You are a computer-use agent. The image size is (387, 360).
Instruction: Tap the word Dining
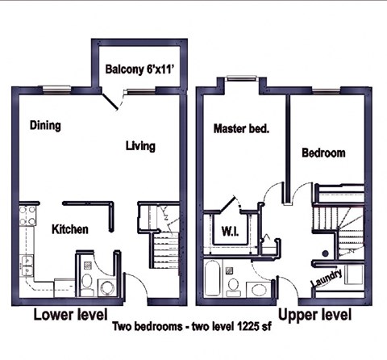pyautogui.click(x=46, y=125)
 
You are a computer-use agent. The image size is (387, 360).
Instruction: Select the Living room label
pyautogui.click(x=140, y=146)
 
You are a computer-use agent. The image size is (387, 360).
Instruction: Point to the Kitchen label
pyautogui.click(x=70, y=229)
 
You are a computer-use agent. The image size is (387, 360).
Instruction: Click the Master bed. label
pyautogui.click(x=240, y=128)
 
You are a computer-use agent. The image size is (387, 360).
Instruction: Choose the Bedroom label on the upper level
pyautogui.click(x=323, y=152)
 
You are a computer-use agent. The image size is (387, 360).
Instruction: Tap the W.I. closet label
pyautogui.click(x=229, y=232)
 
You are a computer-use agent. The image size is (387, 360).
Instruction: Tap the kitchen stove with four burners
pyautogui.click(x=27, y=216)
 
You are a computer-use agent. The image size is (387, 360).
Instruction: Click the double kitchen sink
pyautogui.click(x=27, y=266)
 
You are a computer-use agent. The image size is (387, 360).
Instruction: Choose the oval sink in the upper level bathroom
pyautogui.click(x=258, y=289)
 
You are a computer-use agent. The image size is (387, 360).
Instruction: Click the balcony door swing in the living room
pyautogui.click(x=113, y=102)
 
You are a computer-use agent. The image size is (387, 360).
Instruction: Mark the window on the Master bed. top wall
pyautogui.click(x=240, y=78)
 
